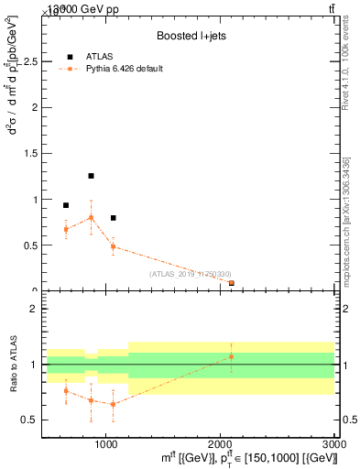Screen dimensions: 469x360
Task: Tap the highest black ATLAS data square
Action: tap(91, 176)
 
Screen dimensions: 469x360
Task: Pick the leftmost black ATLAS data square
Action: tap(66, 205)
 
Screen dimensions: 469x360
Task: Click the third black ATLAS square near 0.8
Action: tap(113, 218)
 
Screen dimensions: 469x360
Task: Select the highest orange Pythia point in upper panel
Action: tap(91, 217)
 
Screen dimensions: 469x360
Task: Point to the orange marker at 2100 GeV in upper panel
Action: tap(231, 283)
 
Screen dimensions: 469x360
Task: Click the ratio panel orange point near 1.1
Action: tap(231, 356)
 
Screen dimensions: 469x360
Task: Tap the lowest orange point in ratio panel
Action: tap(113, 404)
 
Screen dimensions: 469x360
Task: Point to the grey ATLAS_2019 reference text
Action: tap(190, 274)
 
